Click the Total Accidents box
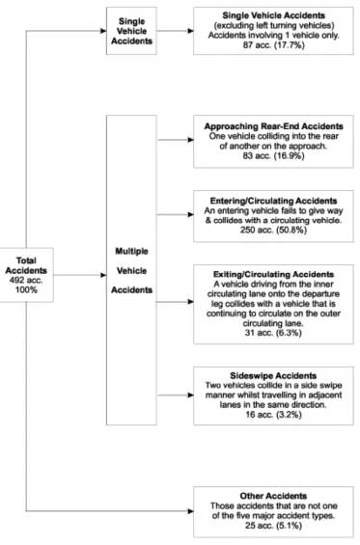(26, 275)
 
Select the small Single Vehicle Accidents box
(131, 31)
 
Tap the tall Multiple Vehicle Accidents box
(131, 270)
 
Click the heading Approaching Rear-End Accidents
(274, 126)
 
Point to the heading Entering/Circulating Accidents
(274, 201)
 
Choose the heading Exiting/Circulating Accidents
(274, 275)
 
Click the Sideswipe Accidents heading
(274, 376)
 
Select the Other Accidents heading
(274, 496)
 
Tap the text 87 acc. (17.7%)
(274, 45)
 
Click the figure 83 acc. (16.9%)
(274, 155)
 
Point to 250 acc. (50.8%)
(274, 231)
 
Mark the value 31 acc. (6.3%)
(274, 333)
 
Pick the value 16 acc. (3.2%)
(274, 415)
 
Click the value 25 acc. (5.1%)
(274, 526)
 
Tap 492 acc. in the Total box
(26, 280)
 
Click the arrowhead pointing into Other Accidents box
(190, 511)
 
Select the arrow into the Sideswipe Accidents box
(176, 395)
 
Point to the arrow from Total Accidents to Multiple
(80, 275)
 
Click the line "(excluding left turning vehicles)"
(274, 26)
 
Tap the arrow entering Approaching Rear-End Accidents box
(176, 140)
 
